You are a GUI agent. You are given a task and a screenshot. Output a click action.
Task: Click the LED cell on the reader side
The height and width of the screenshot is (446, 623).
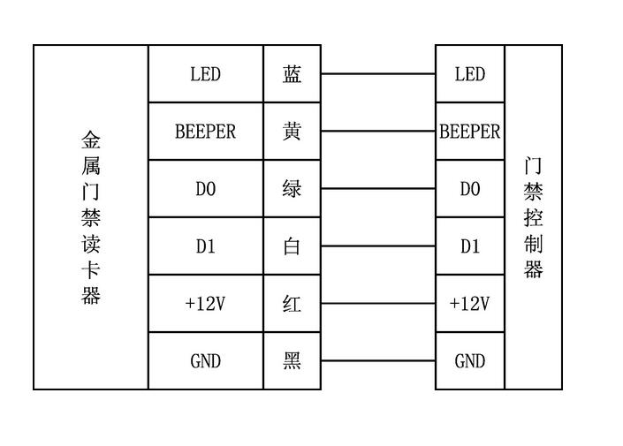click(x=205, y=74)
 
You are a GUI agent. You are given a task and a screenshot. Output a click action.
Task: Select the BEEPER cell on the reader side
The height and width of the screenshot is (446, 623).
click(x=205, y=131)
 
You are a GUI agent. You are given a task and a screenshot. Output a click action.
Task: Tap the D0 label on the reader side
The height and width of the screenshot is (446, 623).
click(x=205, y=189)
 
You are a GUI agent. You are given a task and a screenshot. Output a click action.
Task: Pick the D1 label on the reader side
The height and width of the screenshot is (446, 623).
click(x=205, y=246)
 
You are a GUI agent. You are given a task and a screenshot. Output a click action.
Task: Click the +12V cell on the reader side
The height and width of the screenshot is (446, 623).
click(x=205, y=304)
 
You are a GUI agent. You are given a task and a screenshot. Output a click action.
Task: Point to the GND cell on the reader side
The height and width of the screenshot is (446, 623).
click(x=205, y=361)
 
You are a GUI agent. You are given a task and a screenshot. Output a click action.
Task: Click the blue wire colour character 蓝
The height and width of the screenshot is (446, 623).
click(x=292, y=74)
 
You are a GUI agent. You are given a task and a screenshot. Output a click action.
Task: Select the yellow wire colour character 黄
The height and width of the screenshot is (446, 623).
click(x=292, y=131)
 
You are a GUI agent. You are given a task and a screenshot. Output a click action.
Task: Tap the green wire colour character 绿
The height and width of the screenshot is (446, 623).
click(x=292, y=189)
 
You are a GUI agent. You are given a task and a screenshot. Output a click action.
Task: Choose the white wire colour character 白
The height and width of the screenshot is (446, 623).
click(x=292, y=246)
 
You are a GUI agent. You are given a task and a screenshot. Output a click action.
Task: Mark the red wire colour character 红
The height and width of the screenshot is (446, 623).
click(x=292, y=304)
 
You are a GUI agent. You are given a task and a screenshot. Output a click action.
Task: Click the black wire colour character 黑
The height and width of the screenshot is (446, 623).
click(x=292, y=361)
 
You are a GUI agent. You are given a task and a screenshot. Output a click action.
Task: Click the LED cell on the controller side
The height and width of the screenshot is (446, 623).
click(x=470, y=74)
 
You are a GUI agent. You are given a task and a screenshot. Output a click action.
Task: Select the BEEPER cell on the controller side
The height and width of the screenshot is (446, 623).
click(x=470, y=131)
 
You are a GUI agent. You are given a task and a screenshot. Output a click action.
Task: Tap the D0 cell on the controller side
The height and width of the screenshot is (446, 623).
click(x=470, y=189)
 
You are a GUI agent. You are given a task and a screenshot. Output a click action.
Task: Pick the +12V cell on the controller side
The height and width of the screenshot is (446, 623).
click(x=470, y=304)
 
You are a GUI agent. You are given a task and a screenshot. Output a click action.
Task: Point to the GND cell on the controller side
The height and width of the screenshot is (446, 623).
click(x=470, y=361)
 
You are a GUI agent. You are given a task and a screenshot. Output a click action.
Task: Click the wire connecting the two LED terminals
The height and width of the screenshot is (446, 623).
click(x=378, y=74)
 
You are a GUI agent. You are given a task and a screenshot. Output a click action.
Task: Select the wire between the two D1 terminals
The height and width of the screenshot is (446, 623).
click(x=378, y=246)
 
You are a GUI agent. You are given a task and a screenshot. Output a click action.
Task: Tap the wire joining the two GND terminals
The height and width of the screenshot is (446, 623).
click(x=378, y=361)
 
